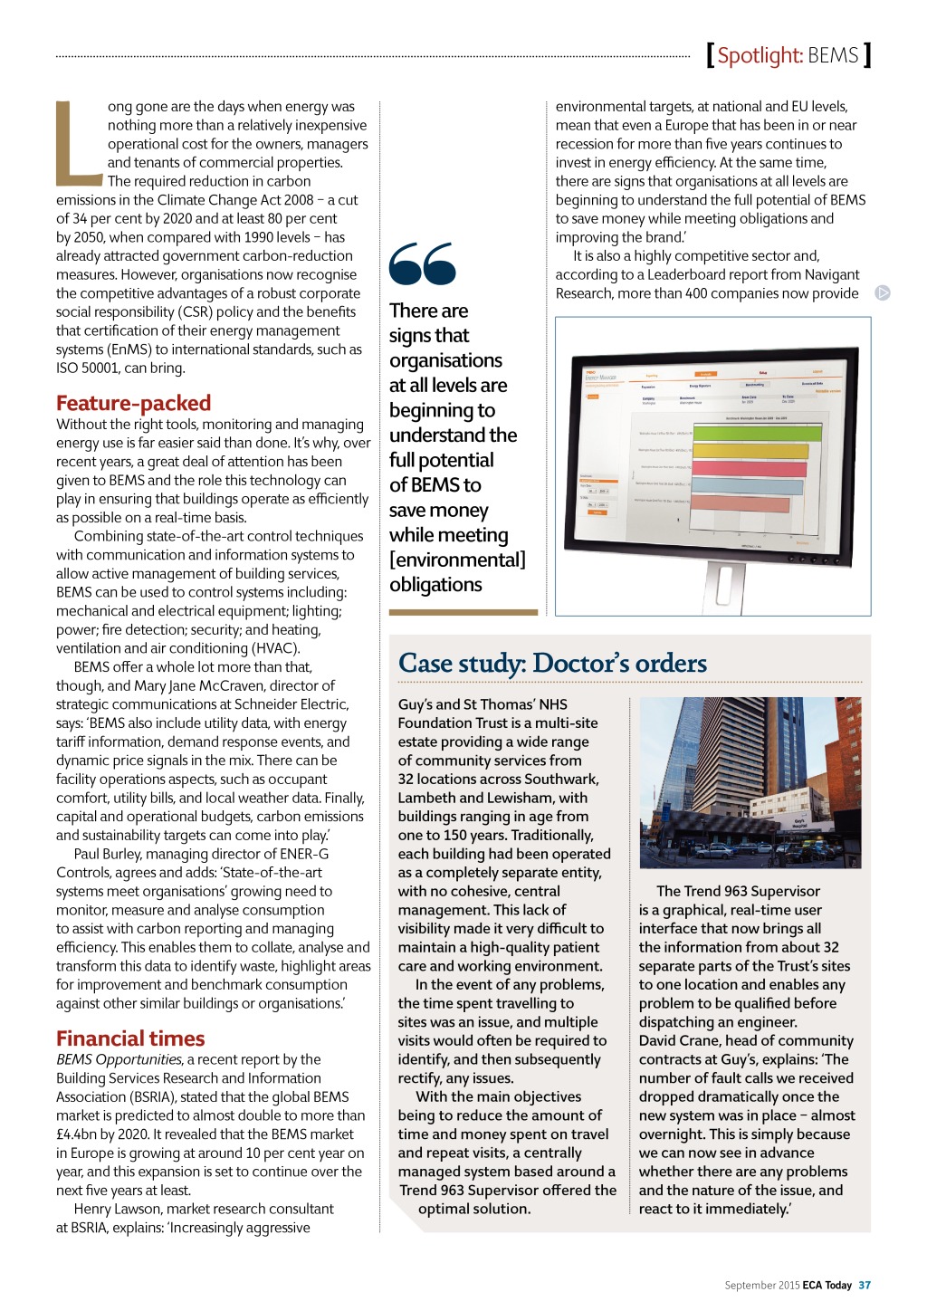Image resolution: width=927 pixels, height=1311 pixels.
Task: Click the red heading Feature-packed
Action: tap(133, 403)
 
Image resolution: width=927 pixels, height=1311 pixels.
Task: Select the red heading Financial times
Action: tap(130, 1038)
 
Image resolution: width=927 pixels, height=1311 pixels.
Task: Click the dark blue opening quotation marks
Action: tap(422, 263)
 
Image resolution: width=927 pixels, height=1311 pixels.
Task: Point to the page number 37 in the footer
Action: tap(865, 1285)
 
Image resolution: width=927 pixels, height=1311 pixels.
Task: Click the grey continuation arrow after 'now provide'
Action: tap(883, 292)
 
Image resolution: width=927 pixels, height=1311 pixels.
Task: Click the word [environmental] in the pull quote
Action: tap(457, 560)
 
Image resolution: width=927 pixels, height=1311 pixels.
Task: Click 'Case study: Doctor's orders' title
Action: tap(552, 663)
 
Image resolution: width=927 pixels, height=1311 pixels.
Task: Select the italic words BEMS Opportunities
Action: tap(119, 1059)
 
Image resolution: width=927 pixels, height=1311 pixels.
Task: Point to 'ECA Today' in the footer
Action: tap(827, 1285)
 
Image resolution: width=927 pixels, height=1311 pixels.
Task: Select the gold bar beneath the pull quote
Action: tap(463, 613)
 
